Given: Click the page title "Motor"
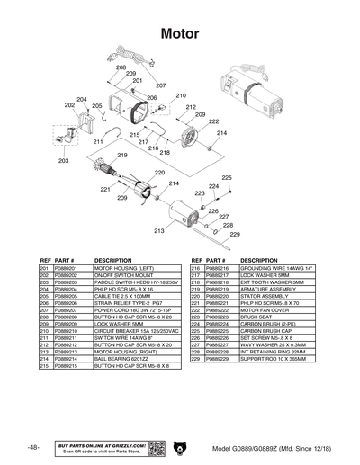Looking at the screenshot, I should [x=179, y=33].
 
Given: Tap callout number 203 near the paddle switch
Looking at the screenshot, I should [x=63, y=161].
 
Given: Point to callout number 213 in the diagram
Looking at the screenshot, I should [x=159, y=231].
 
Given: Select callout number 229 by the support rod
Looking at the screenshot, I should [x=234, y=235].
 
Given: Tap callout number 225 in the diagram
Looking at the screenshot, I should [x=227, y=178].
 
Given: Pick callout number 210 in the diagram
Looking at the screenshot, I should [x=181, y=95].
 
